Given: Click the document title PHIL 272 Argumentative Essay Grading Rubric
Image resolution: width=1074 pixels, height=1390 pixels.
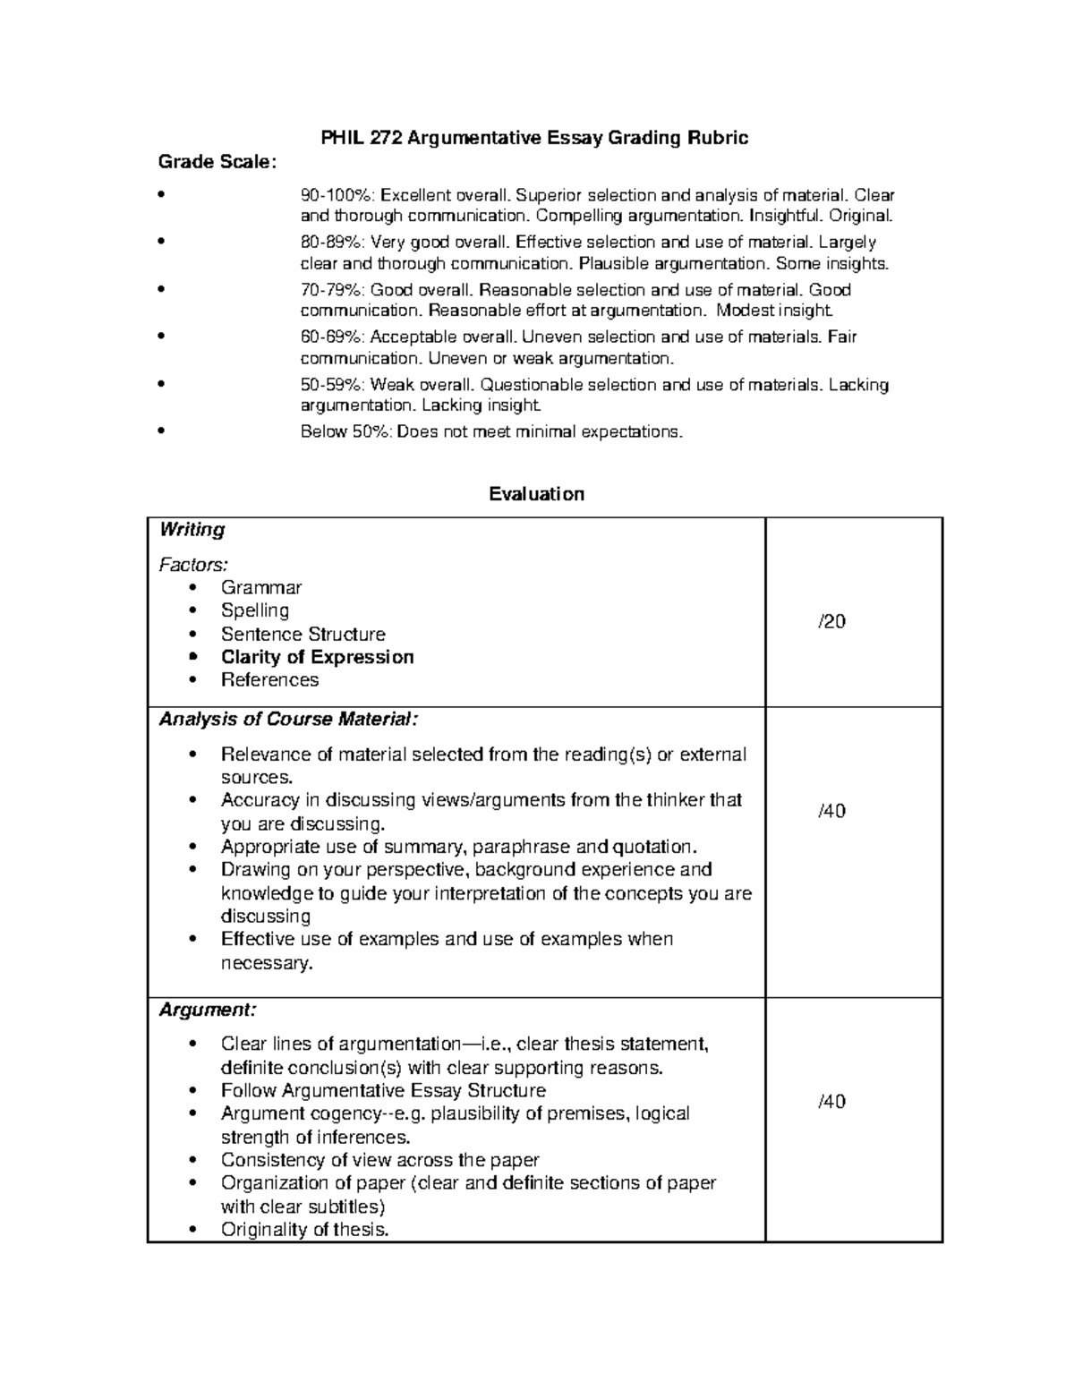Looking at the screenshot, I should (534, 138).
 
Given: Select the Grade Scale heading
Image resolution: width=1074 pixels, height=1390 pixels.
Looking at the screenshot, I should (217, 162).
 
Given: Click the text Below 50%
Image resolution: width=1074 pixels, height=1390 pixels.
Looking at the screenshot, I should (345, 432).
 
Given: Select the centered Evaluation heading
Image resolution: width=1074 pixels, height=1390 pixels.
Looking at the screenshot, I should (536, 494).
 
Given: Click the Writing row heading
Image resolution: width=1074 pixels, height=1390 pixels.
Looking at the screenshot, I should (192, 530).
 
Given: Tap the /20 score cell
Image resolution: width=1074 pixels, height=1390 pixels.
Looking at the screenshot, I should (831, 621).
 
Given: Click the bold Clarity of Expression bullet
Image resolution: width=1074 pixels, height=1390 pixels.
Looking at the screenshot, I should (317, 657).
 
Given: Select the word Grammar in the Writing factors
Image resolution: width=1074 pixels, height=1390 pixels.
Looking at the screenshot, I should (260, 588).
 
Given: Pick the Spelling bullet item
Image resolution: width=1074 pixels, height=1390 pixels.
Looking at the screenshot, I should (255, 610).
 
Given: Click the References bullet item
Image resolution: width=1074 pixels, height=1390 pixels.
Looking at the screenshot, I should (269, 680).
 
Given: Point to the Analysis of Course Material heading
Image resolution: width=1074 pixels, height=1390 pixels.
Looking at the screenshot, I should (287, 720).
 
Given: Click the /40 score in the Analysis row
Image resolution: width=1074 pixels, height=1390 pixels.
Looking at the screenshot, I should (831, 812).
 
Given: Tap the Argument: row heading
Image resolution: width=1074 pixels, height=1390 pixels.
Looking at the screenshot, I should (207, 1010).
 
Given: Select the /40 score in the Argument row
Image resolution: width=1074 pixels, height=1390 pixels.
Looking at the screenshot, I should (831, 1102).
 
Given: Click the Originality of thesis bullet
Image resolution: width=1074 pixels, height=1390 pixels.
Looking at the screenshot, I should (304, 1230).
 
